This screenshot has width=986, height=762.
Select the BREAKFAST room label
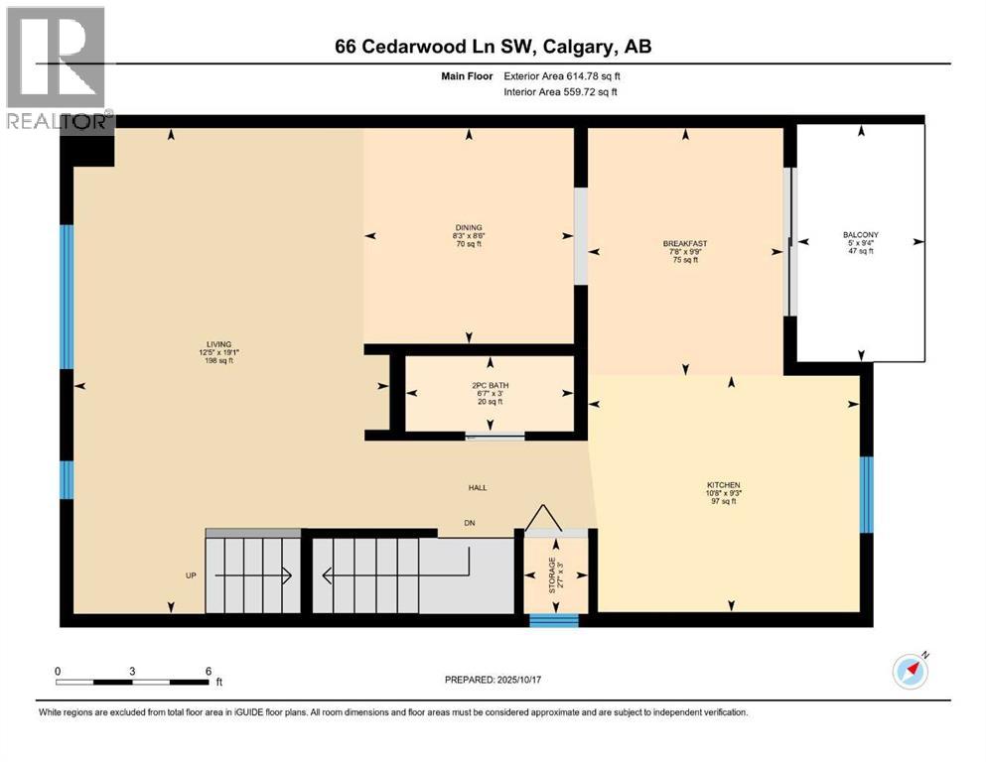[x=685, y=243]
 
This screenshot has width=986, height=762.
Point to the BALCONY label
[x=860, y=235]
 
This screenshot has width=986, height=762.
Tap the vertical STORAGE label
[x=553, y=576]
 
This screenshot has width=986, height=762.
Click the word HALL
[x=479, y=487]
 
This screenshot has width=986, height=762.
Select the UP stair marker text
[x=192, y=575]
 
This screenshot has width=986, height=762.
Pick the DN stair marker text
[x=470, y=523]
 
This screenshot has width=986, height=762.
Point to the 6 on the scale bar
[x=208, y=671]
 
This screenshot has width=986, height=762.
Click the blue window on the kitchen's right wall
[x=866, y=494]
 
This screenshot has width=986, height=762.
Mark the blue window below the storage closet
[x=553, y=621]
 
